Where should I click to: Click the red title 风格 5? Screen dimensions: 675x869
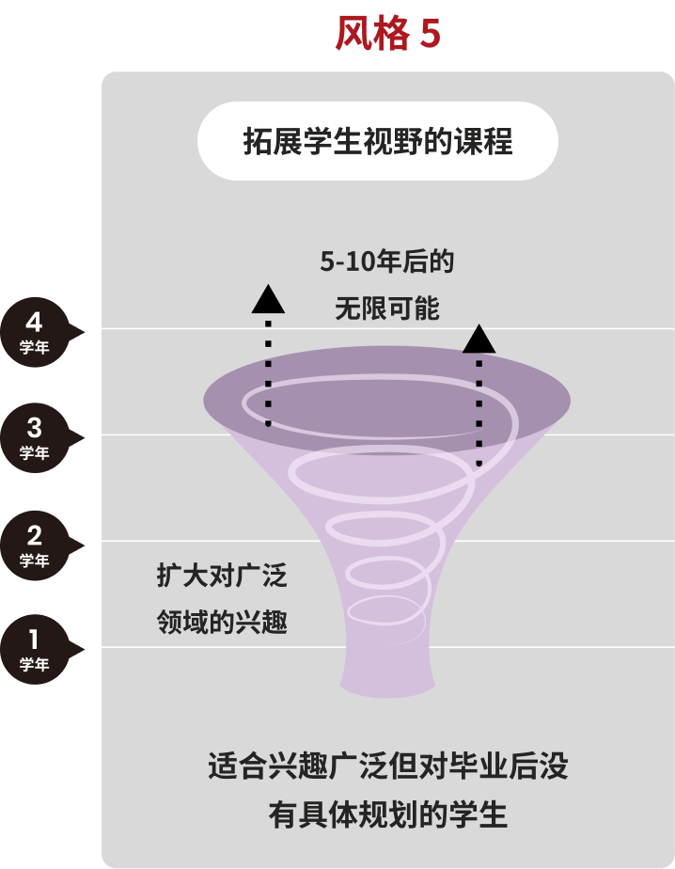click(x=388, y=33)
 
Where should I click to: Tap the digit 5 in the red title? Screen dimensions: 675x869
click(x=430, y=34)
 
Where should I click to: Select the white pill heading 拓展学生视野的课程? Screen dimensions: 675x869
click(x=378, y=141)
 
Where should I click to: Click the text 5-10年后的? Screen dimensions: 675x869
click(x=386, y=261)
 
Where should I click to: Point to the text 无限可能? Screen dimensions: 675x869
click(x=386, y=308)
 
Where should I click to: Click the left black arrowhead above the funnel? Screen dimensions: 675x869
click(x=268, y=299)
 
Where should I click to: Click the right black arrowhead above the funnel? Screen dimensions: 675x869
click(x=479, y=339)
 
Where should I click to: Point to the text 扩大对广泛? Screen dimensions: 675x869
click(x=222, y=576)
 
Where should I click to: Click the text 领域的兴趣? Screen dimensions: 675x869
click(x=222, y=622)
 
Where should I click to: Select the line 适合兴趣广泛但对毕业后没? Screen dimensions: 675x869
click(x=388, y=766)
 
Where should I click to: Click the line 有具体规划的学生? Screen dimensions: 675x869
click(x=388, y=814)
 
